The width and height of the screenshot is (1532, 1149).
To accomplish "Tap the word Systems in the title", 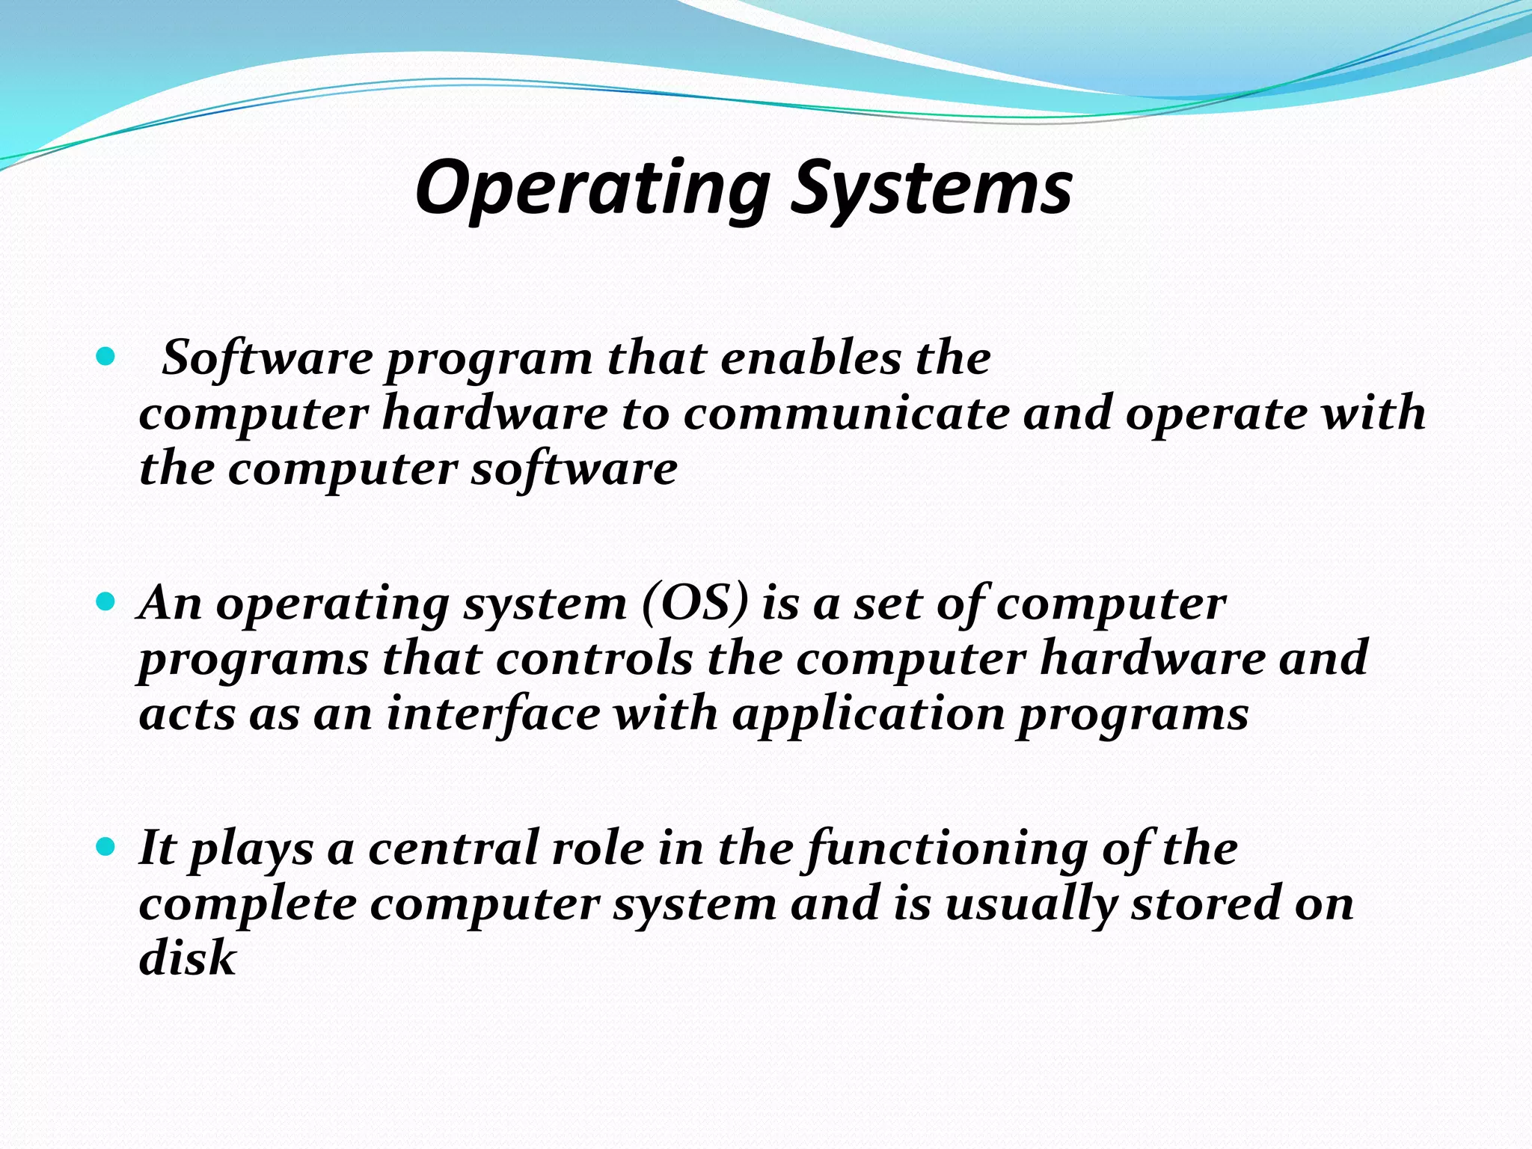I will [931, 189].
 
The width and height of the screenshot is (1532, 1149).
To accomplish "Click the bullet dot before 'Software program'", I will [106, 356].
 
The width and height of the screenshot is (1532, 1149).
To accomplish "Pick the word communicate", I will [846, 414].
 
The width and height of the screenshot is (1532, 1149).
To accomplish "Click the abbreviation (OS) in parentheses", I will [695, 603].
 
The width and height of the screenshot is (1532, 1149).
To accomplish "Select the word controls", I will [594, 658].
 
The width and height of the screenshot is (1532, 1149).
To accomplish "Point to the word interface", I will [493, 713].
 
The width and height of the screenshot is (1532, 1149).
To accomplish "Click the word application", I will [868, 713].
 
